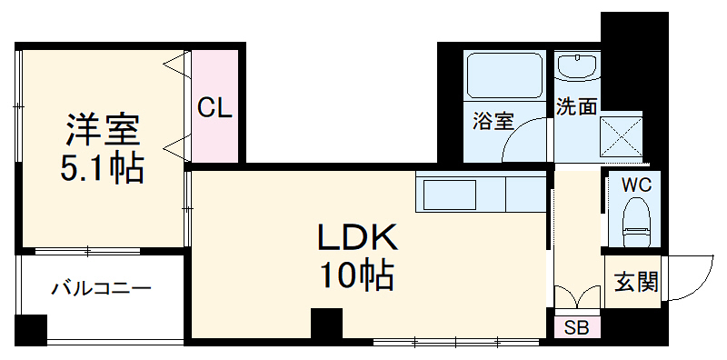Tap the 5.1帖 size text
(x=103, y=168)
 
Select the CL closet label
(x=215, y=108)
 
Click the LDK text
(x=356, y=239)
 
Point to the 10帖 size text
(x=356, y=274)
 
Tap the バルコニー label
(x=101, y=290)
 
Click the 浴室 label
(x=493, y=120)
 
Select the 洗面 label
(x=576, y=107)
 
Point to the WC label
(x=635, y=185)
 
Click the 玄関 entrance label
(x=635, y=283)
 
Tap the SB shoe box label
(x=576, y=327)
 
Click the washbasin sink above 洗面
(x=576, y=68)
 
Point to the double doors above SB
(x=577, y=297)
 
